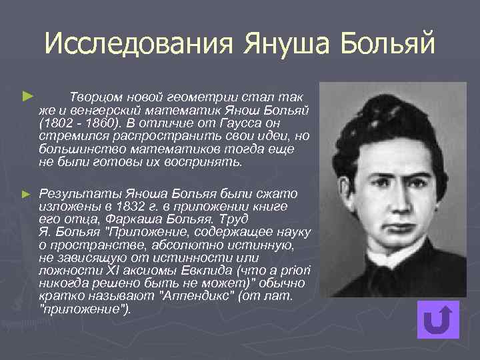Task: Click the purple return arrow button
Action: pyautogui.click(x=438, y=320)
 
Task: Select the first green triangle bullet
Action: pyautogui.click(x=27, y=97)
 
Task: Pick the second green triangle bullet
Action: pyautogui.click(x=27, y=194)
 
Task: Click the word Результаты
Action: pyautogui.click(x=74, y=194)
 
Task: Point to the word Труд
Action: pyautogui.click(x=237, y=219)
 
